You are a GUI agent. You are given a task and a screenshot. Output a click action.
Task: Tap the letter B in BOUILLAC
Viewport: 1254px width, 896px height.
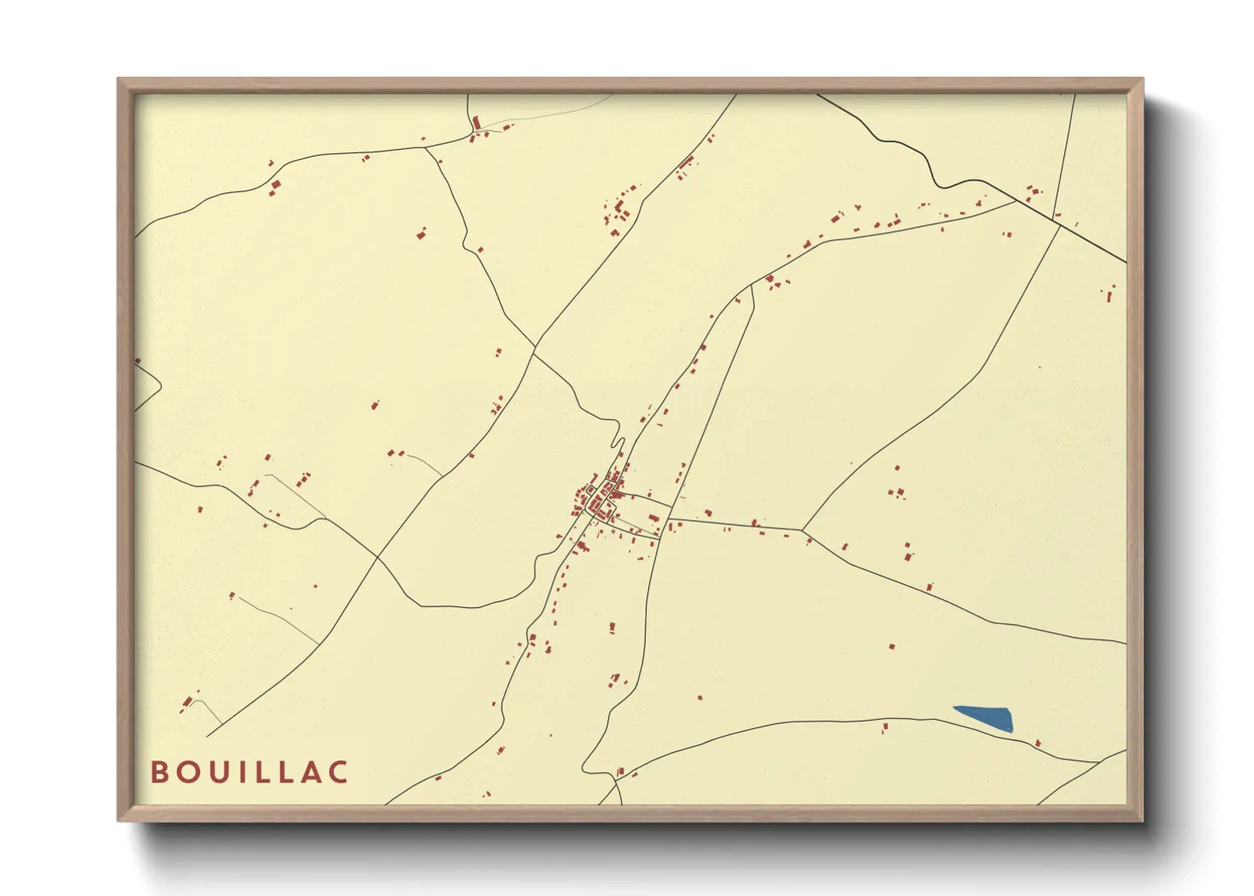(x=159, y=772)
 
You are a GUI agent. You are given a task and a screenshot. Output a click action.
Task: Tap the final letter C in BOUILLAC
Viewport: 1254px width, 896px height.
(x=339, y=772)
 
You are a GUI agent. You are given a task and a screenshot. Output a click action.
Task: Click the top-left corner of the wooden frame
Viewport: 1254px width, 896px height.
(x=119, y=80)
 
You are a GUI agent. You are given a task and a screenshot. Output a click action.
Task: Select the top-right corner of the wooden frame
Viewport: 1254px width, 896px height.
(x=1142, y=80)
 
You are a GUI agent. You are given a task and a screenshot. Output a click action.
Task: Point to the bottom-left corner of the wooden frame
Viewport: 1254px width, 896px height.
(x=119, y=820)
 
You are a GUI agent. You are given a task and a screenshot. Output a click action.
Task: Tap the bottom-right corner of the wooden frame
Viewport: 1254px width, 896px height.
(x=1142, y=820)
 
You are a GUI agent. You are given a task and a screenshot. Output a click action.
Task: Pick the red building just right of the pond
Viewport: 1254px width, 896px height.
(x=1038, y=744)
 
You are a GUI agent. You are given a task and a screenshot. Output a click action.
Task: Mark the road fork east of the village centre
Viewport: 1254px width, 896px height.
(x=802, y=531)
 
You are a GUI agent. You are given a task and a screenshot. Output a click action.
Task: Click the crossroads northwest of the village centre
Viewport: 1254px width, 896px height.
(x=535, y=346)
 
